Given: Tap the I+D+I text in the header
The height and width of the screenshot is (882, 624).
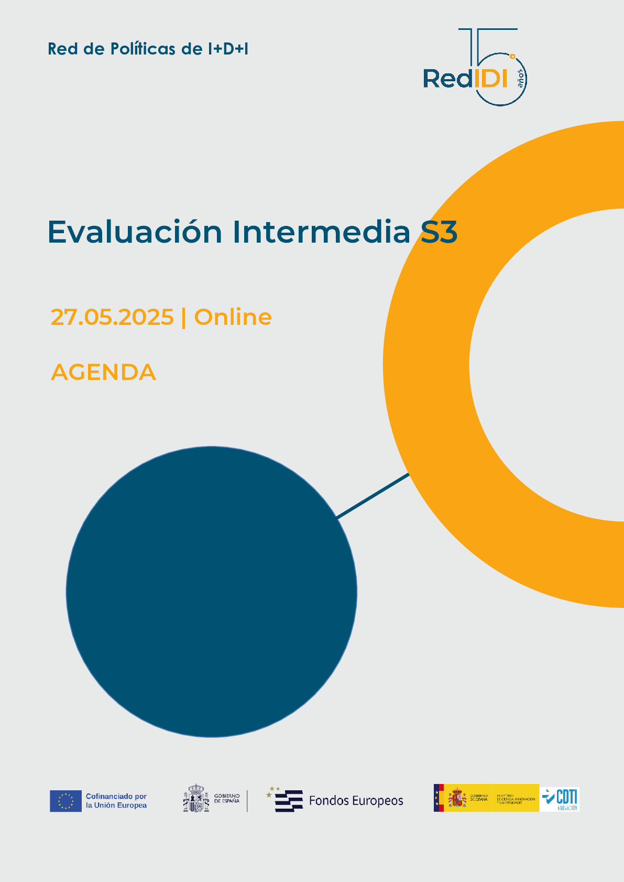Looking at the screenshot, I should click(x=228, y=49).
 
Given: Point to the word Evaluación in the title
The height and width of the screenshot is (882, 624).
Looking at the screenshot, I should click(x=135, y=232).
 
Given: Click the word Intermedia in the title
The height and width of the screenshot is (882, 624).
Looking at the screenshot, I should click(x=321, y=232).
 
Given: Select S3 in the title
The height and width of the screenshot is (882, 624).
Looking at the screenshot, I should click(x=439, y=232).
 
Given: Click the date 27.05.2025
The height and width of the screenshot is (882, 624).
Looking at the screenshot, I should click(x=112, y=317).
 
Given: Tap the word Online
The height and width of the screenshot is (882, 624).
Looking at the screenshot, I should click(x=233, y=317).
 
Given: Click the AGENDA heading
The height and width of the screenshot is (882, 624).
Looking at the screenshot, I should click(x=103, y=372).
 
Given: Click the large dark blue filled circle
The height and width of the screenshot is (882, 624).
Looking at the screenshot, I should click(x=212, y=592).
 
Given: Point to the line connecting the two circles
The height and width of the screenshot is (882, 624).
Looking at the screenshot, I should click(x=373, y=496).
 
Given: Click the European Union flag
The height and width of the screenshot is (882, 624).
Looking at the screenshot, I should click(x=65, y=801).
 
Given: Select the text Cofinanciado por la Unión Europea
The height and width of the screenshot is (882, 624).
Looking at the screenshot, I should click(x=116, y=801).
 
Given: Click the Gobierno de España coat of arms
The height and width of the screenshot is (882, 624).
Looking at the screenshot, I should click(x=196, y=800).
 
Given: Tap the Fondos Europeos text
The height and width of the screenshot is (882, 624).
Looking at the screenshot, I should click(x=356, y=801).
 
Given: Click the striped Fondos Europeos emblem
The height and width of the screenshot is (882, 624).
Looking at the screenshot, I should click(x=287, y=801).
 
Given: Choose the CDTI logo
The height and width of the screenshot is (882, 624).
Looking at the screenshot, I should click(x=561, y=799).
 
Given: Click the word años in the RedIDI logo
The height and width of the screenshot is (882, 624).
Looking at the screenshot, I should click(x=520, y=79).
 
